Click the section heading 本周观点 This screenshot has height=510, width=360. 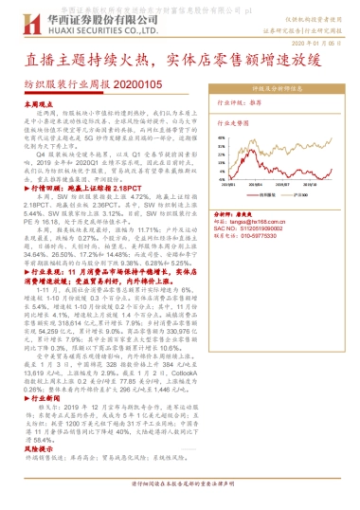pyautogui.click(x=41, y=103)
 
